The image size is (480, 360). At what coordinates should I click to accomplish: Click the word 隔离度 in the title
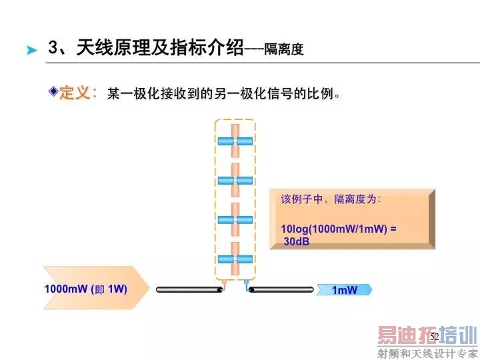pyautogui.click(x=283, y=49)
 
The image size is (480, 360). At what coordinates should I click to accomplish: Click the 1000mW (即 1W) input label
pyautogui.click(x=87, y=289)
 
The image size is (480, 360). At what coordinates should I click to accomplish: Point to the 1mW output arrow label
pyautogui.click(x=345, y=289)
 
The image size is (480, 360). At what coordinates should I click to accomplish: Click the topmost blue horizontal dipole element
pyautogui.click(x=235, y=141)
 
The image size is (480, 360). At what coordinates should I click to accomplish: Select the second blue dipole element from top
pyautogui.click(x=235, y=180)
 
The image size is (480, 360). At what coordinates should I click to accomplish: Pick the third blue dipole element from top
pyautogui.click(x=235, y=219)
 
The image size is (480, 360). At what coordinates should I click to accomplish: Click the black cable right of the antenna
pyautogui.click(x=281, y=289)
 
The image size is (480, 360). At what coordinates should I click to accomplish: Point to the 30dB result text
pyautogui.click(x=297, y=241)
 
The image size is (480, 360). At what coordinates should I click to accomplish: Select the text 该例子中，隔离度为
pyautogui.click(x=331, y=199)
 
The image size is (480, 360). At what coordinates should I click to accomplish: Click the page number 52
pyautogui.click(x=434, y=337)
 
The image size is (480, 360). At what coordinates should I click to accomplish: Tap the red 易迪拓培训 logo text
pyautogui.click(x=427, y=335)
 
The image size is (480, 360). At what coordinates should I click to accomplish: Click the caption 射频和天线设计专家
pyautogui.click(x=427, y=353)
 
